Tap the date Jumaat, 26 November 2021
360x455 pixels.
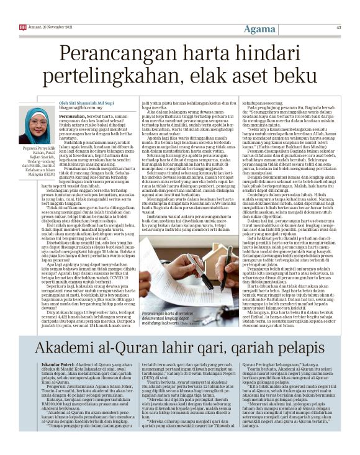[x=53, y=27]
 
